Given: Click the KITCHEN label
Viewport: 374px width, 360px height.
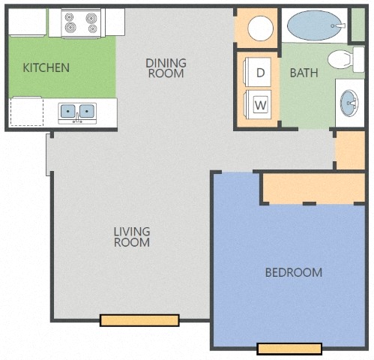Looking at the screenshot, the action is (x=46, y=67).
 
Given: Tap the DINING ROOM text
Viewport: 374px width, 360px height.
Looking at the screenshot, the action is (x=166, y=68).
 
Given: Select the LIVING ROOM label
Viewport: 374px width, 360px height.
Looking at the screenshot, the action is (x=132, y=237).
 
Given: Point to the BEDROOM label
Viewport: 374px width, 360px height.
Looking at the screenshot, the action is (x=294, y=272).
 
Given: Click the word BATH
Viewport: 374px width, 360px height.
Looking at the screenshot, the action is (x=304, y=73).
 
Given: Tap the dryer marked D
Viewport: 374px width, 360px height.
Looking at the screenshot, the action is (x=258, y=72).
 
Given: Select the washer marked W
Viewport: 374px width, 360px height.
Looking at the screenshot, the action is (x=258, y=104).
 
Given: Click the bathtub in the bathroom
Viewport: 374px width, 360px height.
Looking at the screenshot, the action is (x=314, y=25).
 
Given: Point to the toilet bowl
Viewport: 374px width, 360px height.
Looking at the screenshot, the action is (x=340, y=59).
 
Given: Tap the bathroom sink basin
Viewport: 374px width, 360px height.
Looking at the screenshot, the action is (x=349, y=103).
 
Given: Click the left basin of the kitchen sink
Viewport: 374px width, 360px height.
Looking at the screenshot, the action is (x=68, y=111).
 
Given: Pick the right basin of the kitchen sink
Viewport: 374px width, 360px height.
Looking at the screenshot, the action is (x=87, y=111).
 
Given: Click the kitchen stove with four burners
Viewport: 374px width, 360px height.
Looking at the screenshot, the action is (x=81, y=23).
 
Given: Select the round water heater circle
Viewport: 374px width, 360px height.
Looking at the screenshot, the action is (x=260, y=28).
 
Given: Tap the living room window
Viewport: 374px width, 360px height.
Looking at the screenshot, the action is (x=139, y=320).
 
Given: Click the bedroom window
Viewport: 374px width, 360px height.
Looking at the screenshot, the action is (x=289, y=349).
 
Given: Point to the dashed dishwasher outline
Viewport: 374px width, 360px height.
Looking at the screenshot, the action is (x=27, y=112).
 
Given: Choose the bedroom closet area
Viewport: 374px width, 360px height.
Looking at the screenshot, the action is (x=314, y=188).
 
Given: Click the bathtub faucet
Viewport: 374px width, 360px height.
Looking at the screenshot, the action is (x=339, y=25).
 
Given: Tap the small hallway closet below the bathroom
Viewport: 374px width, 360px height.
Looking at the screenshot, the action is (x=351, y=150).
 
